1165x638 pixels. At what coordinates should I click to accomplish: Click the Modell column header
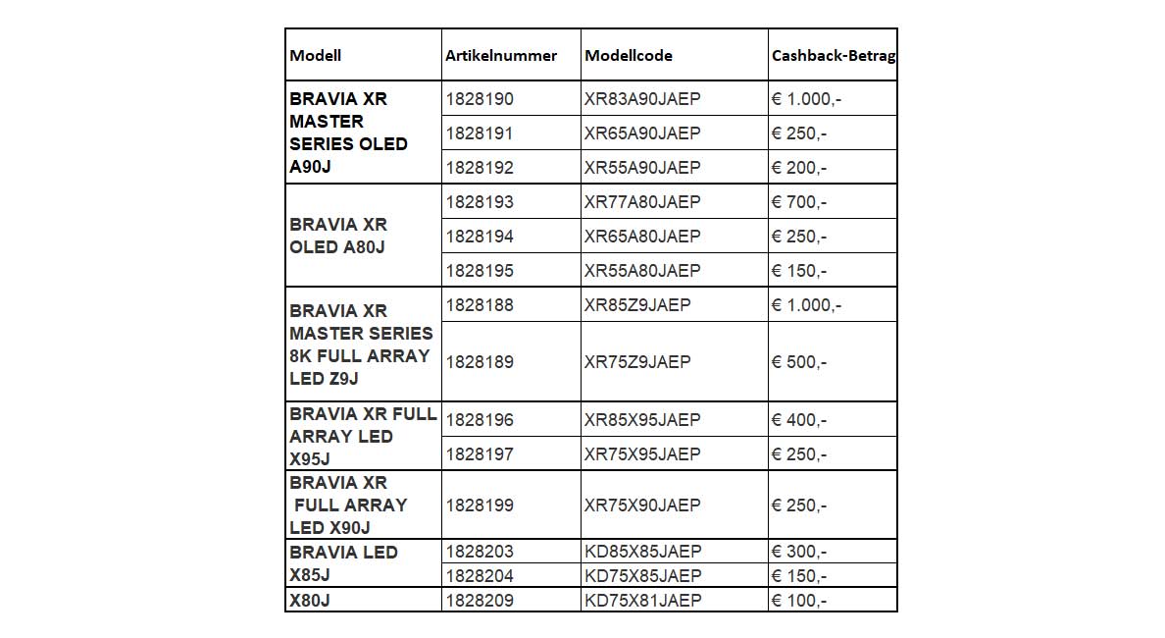point(316,56)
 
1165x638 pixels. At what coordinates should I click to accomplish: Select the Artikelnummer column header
point(501,56)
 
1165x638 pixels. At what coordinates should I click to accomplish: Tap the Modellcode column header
point(629,56)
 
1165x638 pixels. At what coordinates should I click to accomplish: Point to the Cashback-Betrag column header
point(833,56)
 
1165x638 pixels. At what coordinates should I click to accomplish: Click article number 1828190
point(480,99)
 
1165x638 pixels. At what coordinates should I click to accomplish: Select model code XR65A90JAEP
point(642,133)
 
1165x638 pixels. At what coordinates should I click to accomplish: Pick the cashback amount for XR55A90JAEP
point(799,168)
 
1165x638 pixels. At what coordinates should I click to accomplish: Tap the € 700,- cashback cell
point(799,202)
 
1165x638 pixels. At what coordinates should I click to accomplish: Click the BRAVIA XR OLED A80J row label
point(338,236)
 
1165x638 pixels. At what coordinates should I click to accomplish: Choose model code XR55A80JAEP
point(642,271)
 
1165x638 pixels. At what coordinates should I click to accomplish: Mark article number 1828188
point(480,305)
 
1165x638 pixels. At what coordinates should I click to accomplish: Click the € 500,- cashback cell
point(799,362)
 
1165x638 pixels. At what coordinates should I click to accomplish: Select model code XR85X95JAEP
point(642,420)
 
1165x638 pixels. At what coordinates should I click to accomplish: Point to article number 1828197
point(480,454)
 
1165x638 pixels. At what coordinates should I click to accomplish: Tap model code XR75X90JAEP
point(642,505)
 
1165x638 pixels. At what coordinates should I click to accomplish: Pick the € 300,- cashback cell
point(799,552)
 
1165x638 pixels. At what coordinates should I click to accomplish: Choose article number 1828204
point(480,576)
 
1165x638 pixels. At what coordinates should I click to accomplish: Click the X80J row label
point(310,600)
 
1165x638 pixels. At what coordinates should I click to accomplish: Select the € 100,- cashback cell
point(799,600)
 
